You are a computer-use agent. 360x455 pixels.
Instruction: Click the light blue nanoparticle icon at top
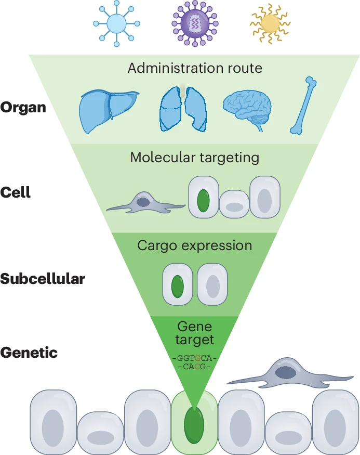(x=117, y=24)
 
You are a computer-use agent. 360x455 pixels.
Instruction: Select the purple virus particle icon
(x=194, y=23)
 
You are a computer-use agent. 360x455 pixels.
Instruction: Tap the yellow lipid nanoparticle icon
(x=270, y=23)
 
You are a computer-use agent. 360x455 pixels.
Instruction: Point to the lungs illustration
(x=183, y=108)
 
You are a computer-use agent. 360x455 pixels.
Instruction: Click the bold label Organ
(x=23, y=108)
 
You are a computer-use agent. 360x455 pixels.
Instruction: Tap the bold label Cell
(x=16, y=192)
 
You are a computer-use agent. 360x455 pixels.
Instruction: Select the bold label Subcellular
(x=43, y=279)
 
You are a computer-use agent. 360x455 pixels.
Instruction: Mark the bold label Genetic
(x=29, y=353)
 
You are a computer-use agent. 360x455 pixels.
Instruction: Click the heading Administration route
(x=195, y=68)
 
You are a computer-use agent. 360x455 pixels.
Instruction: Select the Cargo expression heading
(x=195, y=245)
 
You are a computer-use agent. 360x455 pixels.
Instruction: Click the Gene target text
(x=195, y=333)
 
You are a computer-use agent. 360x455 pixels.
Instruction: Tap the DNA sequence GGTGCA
(x=195, y=359)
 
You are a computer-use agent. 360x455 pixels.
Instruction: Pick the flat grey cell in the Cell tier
(x=145, y=203)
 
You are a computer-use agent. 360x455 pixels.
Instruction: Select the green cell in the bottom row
(x=194, y=422)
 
